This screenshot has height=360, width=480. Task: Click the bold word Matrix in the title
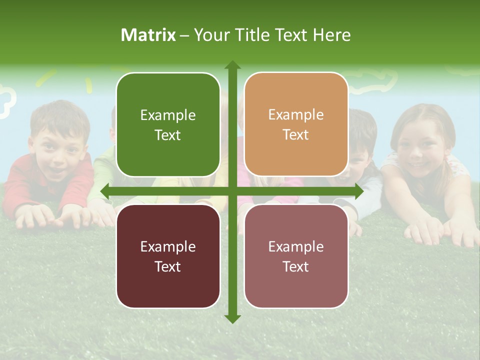point(148,35)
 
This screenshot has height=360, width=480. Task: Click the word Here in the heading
point(331,35)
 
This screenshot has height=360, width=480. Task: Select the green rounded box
point(168,125)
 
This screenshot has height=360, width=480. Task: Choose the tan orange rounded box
point(296,125)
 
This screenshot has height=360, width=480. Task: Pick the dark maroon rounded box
point(168,256)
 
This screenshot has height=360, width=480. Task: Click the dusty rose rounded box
point(296,256)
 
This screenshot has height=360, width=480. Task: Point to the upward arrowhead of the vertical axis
point(232,65)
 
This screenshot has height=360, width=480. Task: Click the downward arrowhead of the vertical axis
point(232,318)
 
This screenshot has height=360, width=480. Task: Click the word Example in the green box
point(168,115)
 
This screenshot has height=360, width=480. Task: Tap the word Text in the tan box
point(296,135)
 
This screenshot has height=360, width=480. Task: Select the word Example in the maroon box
point(168,247)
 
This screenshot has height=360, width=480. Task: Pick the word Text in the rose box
point(296,266)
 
